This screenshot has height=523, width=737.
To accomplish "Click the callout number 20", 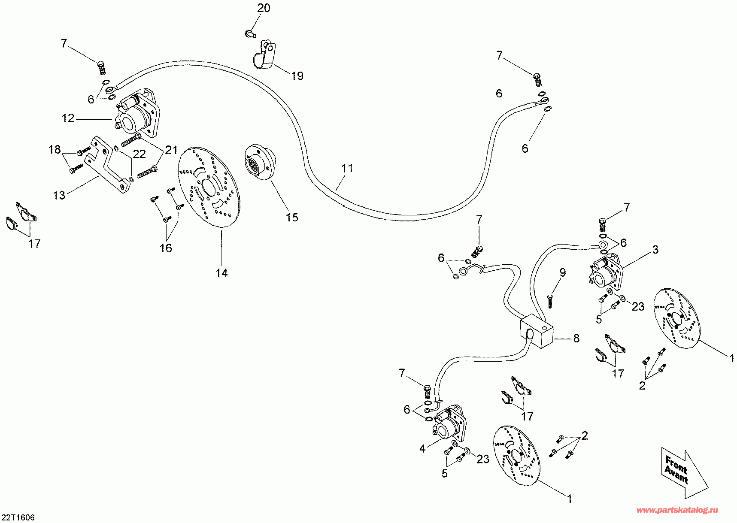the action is point(264,8).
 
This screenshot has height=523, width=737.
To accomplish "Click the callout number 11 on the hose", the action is point(347,168).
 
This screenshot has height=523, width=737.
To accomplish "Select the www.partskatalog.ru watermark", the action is point(677,510).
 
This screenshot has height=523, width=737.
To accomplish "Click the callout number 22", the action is point(139,154).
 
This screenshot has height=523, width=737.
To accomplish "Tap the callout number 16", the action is point(166,248).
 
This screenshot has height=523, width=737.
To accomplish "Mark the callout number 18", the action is point(55,149).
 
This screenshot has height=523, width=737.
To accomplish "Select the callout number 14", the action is point(221,273).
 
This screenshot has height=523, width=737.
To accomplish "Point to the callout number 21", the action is point(171,150).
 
